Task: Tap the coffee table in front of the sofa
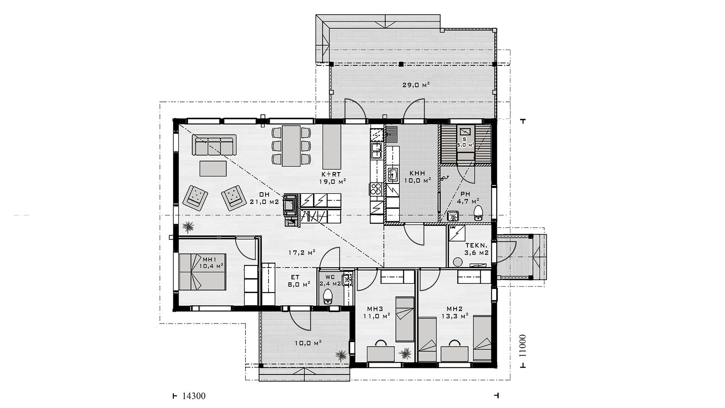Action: pos(213,168)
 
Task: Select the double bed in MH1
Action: pos(202,272)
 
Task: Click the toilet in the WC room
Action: pos(328,297)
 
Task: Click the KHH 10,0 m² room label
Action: pos(417,177)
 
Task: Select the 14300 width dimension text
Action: pos(193,396)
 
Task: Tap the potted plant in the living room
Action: pos(188,227)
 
